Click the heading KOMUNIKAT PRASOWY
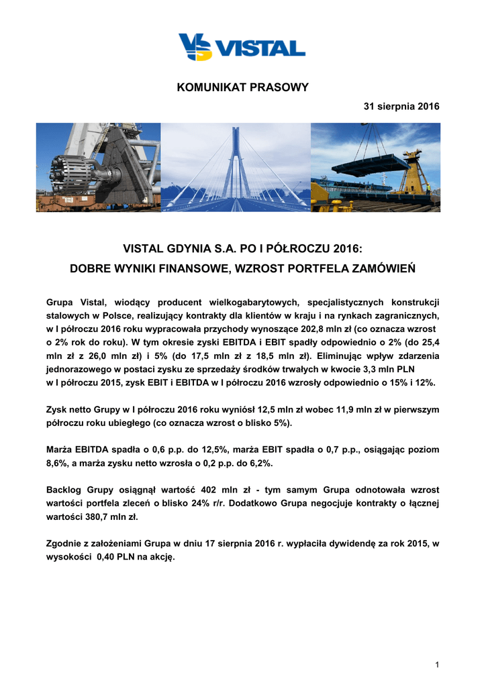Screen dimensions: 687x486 coord(243,87)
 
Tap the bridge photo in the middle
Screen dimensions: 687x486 coord(236,167)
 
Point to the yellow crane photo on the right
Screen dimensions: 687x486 coord(375,167)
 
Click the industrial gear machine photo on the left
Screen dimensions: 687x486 coord(98,167)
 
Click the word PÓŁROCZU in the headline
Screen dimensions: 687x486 coord(295,250)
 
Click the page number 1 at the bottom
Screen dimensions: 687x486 coord(437,664)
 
